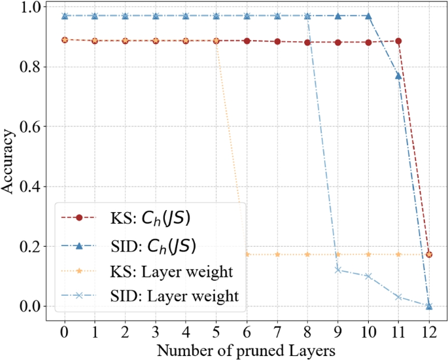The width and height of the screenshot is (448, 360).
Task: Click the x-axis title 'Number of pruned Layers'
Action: [x=247, y=350]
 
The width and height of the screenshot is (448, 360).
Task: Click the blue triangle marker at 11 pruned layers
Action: [x=399, y=76]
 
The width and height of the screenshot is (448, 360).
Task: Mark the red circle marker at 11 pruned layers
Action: [x=399, y=41]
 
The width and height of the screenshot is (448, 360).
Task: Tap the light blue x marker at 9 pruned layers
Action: [x=338, y=270]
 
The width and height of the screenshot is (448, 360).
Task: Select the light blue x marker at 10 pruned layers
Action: [x=368, y=276]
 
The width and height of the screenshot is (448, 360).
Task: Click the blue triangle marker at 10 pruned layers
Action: [x=368, y=16]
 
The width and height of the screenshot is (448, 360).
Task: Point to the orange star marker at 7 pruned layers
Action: [x=277, y=254]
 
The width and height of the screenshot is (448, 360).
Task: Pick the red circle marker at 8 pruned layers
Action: [x=307, y=43]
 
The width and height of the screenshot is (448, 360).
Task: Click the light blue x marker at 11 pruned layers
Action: [x=399, y=297]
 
